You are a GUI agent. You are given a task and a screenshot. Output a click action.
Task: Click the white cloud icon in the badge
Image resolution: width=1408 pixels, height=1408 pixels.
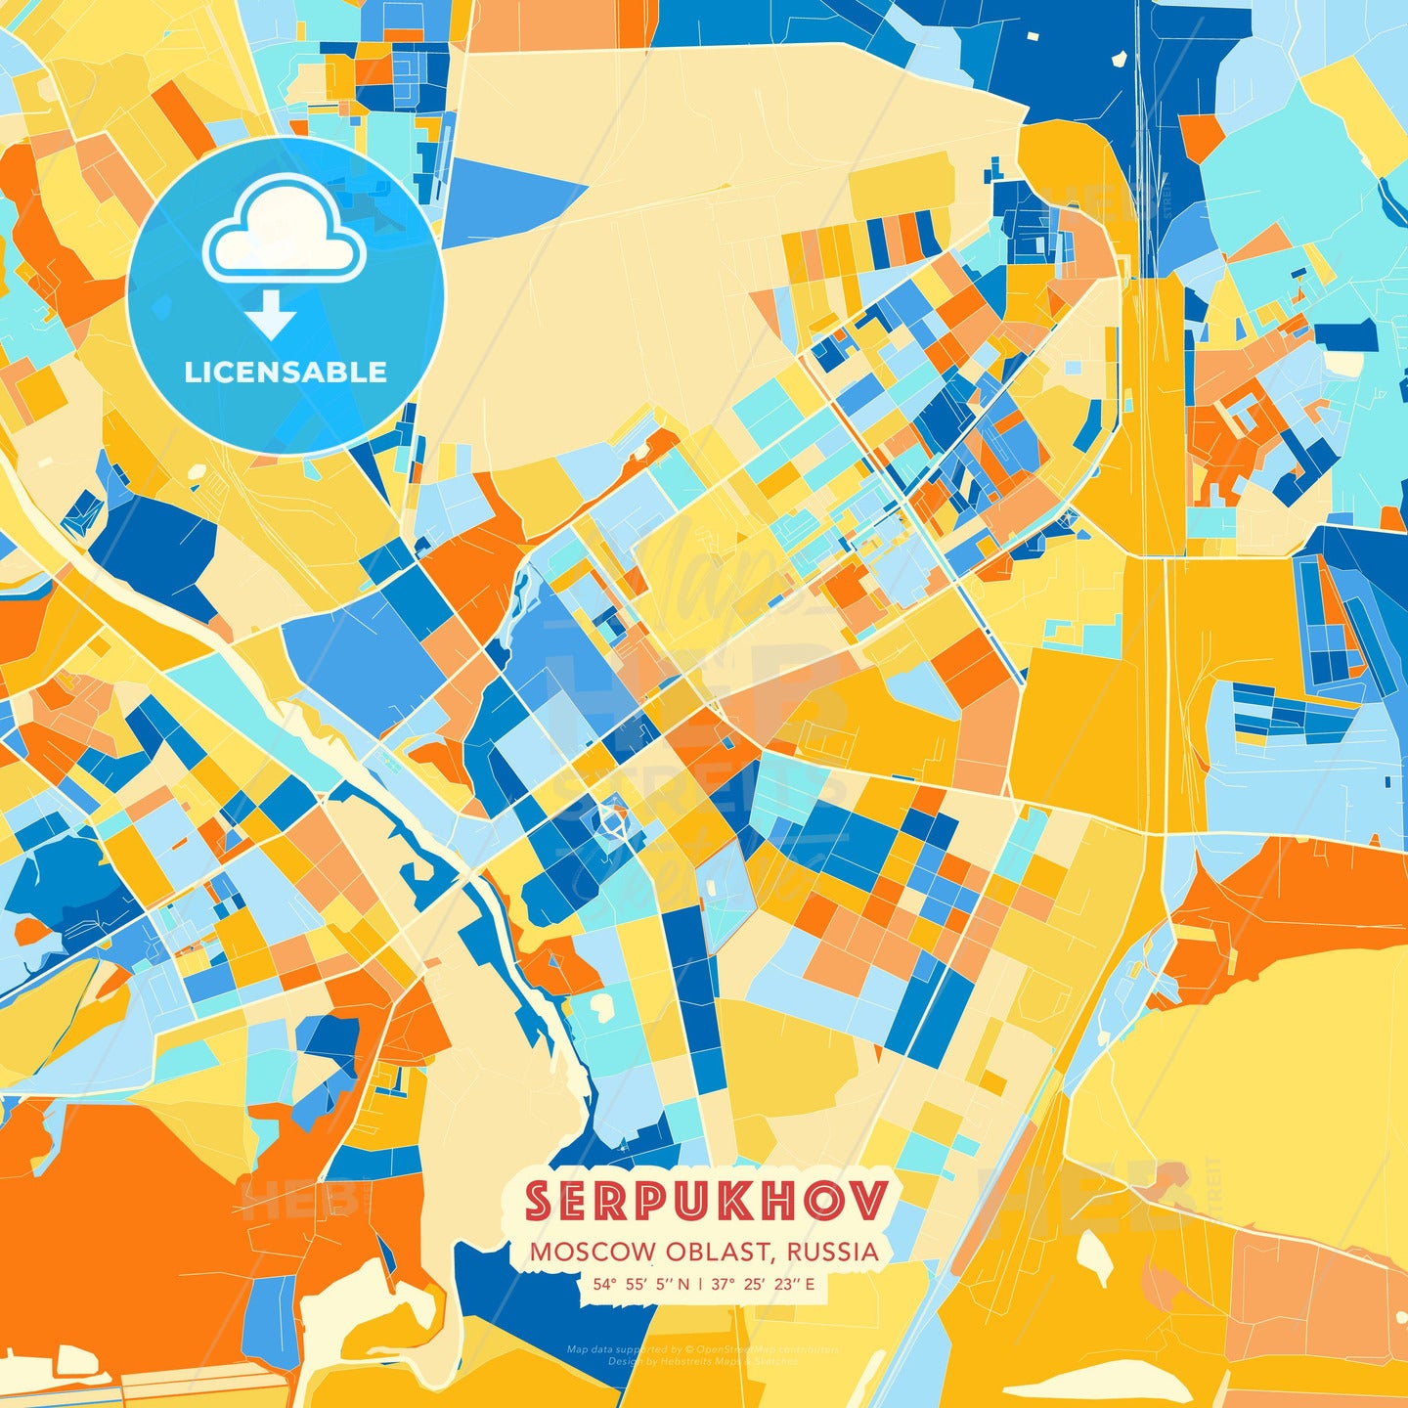pyautogui.click(x=284, y=232)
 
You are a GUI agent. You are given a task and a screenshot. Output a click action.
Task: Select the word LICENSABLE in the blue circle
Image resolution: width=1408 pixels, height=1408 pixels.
pyautogui.click(x=286, y=373)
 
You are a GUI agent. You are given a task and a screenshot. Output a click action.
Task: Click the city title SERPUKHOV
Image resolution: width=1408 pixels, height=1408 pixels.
pyautogui.click(x=706, y=1202)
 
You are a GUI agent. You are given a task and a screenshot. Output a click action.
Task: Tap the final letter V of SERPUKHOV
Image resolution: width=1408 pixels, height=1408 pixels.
pyautogui.click(x=870, y=1202)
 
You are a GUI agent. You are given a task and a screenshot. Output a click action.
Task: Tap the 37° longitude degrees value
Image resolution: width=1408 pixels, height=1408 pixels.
pyautogui.click(x=724, y=1284)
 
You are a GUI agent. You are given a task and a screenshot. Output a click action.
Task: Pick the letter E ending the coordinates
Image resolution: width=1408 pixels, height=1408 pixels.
pyautogui.click(x=811, y=1284)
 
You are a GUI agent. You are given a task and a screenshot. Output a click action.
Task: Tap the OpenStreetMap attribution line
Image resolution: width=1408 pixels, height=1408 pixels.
pyautogui.click(x=702, y=1349)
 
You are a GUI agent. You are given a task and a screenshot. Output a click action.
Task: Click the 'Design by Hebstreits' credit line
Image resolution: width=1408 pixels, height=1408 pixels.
pyautogui.click(x=702, y=1361)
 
